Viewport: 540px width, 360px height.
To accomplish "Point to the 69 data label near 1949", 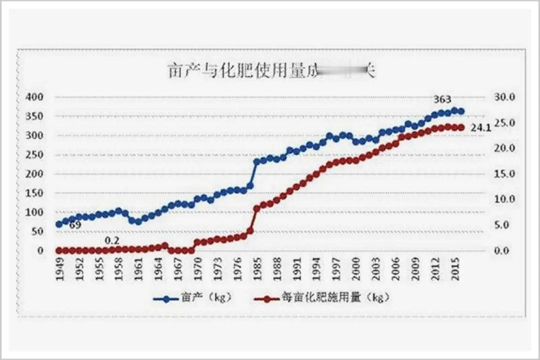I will pyautogui.click(x=75, y=225).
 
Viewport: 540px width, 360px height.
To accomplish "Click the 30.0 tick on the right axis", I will pyautogui.click(x=504, y=96).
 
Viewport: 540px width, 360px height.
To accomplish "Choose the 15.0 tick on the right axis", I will pyautogui.click(x=504, y=174).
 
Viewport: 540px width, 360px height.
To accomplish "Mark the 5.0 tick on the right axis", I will pyautogui.click(x=506, y=225).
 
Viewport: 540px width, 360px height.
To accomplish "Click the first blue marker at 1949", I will pyautogui.click(x=59, y=224).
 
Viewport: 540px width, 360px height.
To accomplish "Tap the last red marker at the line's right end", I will pyautogui.click(x=461, y=127).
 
